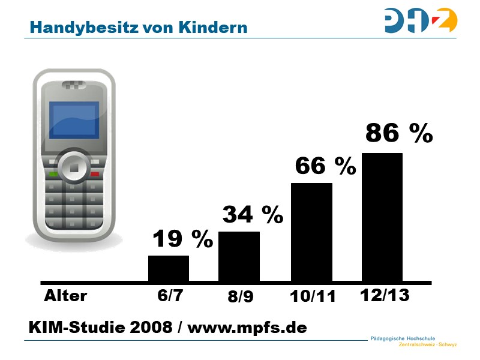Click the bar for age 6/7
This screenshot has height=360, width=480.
click(x=169, y=268)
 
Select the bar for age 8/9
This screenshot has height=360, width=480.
click(x=239, y=256)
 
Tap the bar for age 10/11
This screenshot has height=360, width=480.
click(x=311, y=232)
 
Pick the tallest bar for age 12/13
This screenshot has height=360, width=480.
click(x=382, y=217)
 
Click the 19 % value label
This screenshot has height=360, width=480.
click(x=182, y=239)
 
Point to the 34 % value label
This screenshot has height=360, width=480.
click(x=253, y=214)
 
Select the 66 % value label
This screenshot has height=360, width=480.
click(x=325, y=166)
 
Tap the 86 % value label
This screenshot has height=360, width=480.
click(x=398, y=133)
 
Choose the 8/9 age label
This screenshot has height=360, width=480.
click(x=241, y=297)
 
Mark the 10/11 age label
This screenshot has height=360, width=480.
click(x=312, y=296)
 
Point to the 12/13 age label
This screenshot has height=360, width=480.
click(x=384, y=295)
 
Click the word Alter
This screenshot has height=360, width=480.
click(x=65, y=296)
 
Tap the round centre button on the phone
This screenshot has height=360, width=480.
click(x=73, y=167)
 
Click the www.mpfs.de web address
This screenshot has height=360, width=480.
click(x=247, y=328)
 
